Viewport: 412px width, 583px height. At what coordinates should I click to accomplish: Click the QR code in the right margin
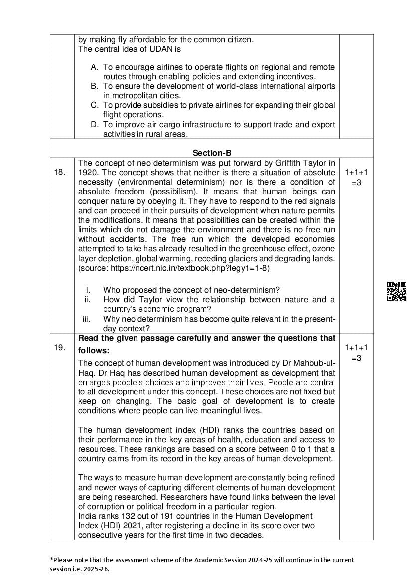pyautogui.click(x=396, y=291)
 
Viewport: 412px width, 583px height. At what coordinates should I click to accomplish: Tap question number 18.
pyautogui.click(x=59, y=172)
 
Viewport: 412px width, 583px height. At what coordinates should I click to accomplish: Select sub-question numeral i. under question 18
pyautogui.click(x=88, y=290)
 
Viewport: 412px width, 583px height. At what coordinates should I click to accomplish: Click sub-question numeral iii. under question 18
pyautogui.click(x=86, y=319)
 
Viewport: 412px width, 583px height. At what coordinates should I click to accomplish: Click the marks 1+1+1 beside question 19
pyautogui.click(x=356, y=348)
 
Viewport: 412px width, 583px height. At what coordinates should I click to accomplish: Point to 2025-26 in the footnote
pyautogui.click(x=96, y=568)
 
